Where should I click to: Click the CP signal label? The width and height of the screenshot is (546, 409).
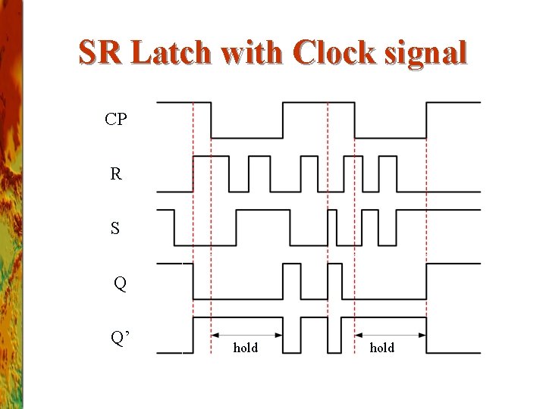(x=116, y=119)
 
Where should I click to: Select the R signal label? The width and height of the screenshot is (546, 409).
(x=115, y=174)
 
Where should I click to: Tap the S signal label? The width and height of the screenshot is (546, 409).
(x=115, y=228)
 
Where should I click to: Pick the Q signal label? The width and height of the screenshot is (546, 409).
(x=120, y=284)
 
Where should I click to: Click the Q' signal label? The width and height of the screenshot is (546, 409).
(x=121, y=338)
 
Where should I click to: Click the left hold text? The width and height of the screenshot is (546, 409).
(x=245, y=348)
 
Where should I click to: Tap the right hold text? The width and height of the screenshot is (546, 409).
(x=381, y=348)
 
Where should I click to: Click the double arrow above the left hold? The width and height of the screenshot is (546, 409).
(x=246, y=334)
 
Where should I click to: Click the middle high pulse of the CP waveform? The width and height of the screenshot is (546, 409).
(x=318, y=102)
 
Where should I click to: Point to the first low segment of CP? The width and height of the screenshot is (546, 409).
(x=246, y=137)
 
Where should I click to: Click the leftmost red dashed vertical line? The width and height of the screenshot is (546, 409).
(x=193, y=227)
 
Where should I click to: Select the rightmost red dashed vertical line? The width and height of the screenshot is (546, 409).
(x=426, y=227)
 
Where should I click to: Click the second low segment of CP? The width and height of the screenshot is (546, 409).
(x=390, y=137)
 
